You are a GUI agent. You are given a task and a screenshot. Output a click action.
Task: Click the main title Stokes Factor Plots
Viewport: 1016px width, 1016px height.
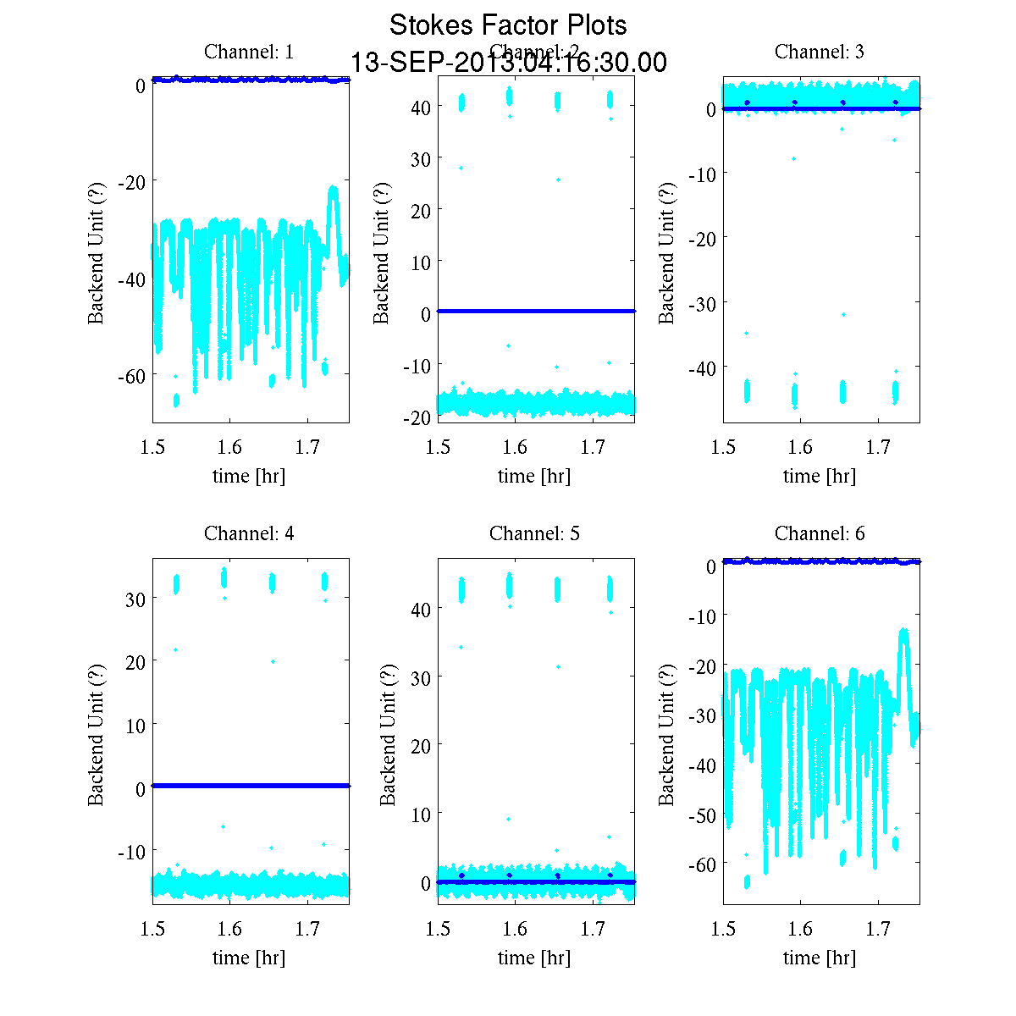[x=508, y=25]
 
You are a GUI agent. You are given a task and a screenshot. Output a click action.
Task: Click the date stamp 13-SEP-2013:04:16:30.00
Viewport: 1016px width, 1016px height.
[x=508, y=63]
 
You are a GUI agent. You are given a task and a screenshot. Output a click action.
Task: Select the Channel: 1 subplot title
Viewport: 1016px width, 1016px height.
[x=249, y=52]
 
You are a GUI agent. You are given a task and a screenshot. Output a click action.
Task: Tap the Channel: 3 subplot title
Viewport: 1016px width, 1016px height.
[x=820, y=52]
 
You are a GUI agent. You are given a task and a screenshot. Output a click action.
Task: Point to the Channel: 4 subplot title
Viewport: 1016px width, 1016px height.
[x=249, y=533]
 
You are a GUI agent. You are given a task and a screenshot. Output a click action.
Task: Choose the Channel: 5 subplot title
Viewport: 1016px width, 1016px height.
[x=534, y=533]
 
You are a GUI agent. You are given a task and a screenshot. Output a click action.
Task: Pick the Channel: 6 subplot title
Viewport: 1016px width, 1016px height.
[x=820, y=533]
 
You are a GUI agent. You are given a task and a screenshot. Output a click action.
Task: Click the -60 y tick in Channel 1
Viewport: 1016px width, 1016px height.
[x=130, y=375]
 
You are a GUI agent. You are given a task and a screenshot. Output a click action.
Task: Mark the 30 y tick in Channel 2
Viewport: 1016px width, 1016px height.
[x=421, y=158]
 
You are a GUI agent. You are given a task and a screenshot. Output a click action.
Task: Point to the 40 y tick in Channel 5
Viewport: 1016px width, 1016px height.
[x=421, y=609]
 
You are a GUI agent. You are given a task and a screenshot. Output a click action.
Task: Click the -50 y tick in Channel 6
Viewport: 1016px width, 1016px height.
[x=700, y=815]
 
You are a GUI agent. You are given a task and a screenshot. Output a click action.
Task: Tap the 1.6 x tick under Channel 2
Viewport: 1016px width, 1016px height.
[x=515, y=447]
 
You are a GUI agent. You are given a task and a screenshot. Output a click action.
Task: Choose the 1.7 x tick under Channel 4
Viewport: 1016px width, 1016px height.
[x=307, y=929]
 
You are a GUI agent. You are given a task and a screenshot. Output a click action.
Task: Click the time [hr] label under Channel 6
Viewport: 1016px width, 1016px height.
[x=820, y=958]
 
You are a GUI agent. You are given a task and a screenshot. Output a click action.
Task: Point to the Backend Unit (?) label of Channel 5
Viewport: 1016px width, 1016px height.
[x=388, y=734]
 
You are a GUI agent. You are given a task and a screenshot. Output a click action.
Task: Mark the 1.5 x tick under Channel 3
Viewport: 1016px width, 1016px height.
[x=723, y=447]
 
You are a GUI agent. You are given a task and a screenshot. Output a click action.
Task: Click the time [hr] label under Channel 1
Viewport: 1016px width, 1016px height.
[x=249, y=476]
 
